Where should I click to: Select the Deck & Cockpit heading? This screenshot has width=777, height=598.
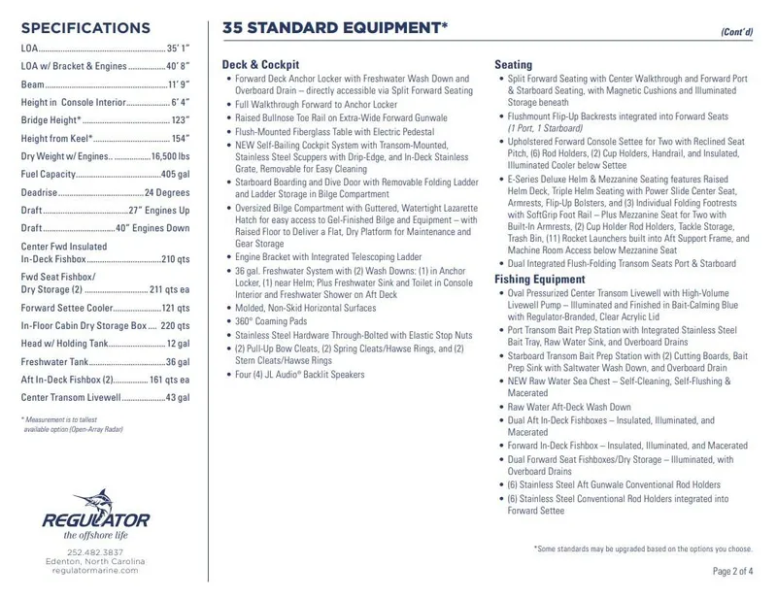click(261, 64)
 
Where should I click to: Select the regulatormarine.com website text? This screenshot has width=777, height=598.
click(95, 572)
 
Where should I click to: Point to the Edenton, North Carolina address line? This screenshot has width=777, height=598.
click(95, 561)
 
